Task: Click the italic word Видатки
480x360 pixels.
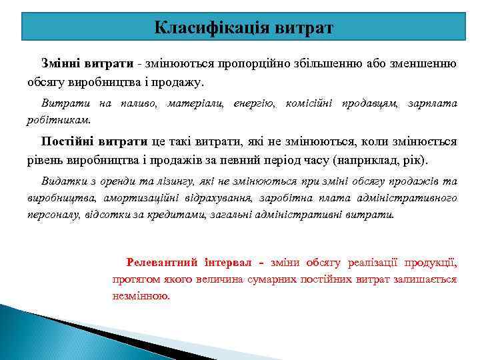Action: (64, 181)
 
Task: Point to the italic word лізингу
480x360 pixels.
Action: (168, 181)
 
